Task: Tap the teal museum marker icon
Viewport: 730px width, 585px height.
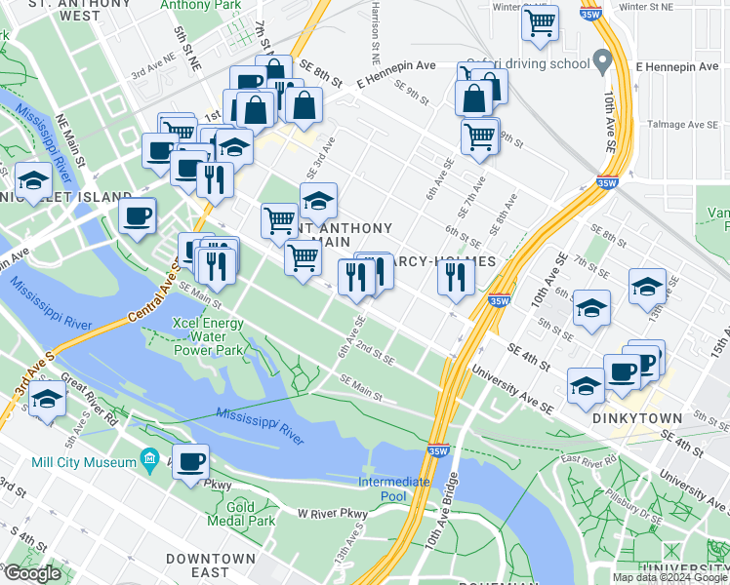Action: click(x=149, y=457)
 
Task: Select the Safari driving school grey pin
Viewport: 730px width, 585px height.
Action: click(x=603, y=62)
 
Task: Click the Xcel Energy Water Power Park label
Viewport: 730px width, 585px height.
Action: click(x=207, y=335)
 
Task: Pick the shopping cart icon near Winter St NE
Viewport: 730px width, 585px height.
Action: click(x=540, y=21)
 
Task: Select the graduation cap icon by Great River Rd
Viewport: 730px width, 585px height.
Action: click(x=47, y=400)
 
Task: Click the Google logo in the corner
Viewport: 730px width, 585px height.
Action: click(x=31, y=573)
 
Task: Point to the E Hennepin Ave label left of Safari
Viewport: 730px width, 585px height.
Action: click(x=395, y=65)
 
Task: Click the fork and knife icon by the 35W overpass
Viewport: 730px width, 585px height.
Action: click(x=455, y=278)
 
